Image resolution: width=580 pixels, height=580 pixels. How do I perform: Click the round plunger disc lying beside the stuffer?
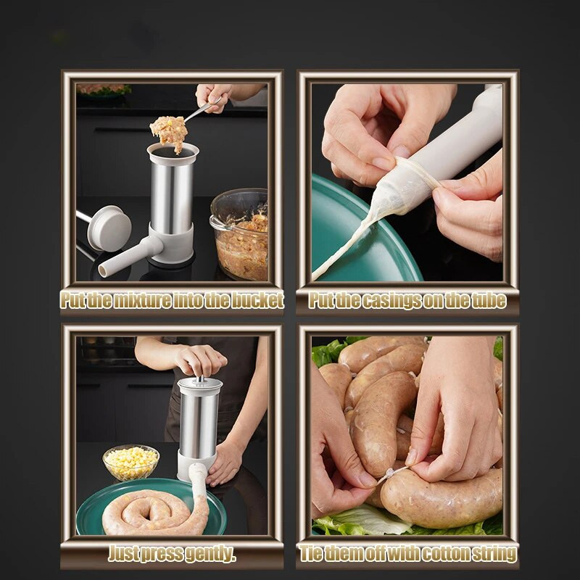[x=109, y=228]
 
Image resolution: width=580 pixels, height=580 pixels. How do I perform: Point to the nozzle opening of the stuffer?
[x=102, y=271]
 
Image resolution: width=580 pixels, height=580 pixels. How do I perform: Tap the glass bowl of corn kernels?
[x=130, y=463]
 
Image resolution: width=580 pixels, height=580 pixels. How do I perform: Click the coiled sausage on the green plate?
[x=155, y=513]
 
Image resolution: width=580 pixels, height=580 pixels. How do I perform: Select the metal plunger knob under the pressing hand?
[x=200, y=379]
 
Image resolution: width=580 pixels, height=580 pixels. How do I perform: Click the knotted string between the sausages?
[x=390, y=473]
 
